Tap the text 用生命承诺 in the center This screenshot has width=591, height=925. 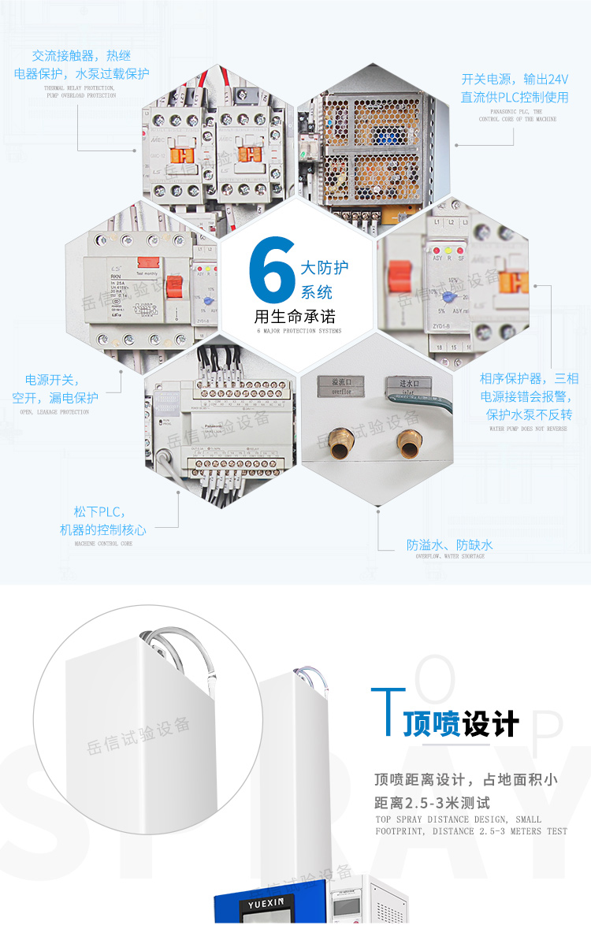(x=295, y=317)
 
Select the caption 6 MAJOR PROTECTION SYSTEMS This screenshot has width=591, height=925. (x=299, y=331)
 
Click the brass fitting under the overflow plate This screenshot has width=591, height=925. (x=341, y=444)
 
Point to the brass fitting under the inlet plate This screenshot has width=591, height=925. (x=408, y=444)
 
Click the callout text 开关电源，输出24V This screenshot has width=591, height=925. (x=515, y=80)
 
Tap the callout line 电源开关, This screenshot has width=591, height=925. (x=52, y=380)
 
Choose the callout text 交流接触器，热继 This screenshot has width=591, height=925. (x=81, y=56)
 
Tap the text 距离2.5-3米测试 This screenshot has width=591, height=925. (x=432, y=803)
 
